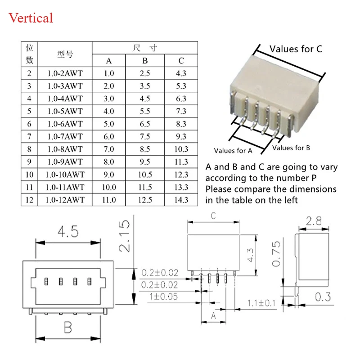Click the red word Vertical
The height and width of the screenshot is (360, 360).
tap(31, 18)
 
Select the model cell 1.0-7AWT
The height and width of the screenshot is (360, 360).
tap(65, 137)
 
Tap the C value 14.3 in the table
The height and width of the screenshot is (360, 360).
tap(181, 200)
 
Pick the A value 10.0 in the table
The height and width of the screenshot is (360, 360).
tap(109, 187)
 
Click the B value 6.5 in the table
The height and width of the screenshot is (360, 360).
tap(145, 124)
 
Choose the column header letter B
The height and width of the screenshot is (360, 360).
tap(145, 61)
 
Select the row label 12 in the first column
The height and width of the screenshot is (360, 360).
tap(29, 200)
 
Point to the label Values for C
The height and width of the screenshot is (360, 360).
tap(296, 49)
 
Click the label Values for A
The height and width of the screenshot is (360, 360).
tap(233, 151)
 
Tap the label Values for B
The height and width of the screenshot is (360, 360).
tap(291, 148)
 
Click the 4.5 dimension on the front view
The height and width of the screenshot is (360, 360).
tap(68, 231)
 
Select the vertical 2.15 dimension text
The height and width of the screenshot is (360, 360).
tap(125, 236)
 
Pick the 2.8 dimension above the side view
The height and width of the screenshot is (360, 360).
tap(314, 221)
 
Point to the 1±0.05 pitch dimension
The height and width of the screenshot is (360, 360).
tap(163, 297)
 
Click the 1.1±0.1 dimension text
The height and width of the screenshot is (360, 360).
tap(261, 303)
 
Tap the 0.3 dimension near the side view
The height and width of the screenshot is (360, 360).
tap(323, 297)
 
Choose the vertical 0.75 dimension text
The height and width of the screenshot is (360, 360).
tap(276, 254)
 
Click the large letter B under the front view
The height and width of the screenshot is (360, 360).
tap(68, 328)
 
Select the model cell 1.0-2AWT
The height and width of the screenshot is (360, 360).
tap(65, 73)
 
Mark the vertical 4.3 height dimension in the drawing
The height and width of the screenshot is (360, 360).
tap(250, 255)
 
